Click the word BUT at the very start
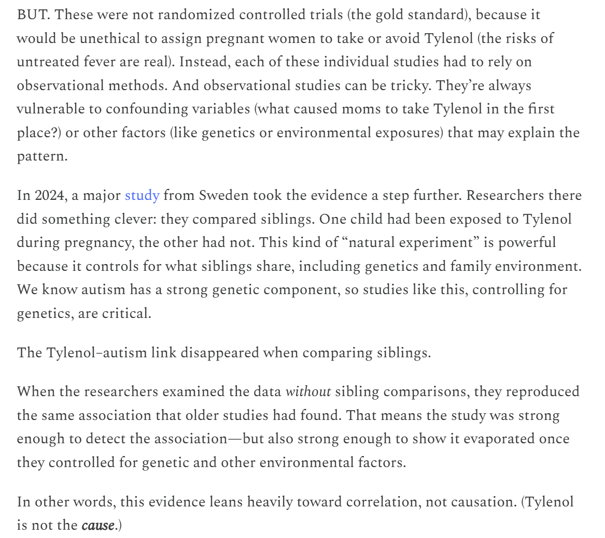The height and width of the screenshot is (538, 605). point(32,14)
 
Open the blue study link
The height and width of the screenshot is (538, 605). point(142,196)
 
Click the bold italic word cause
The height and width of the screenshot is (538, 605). point(97,526)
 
